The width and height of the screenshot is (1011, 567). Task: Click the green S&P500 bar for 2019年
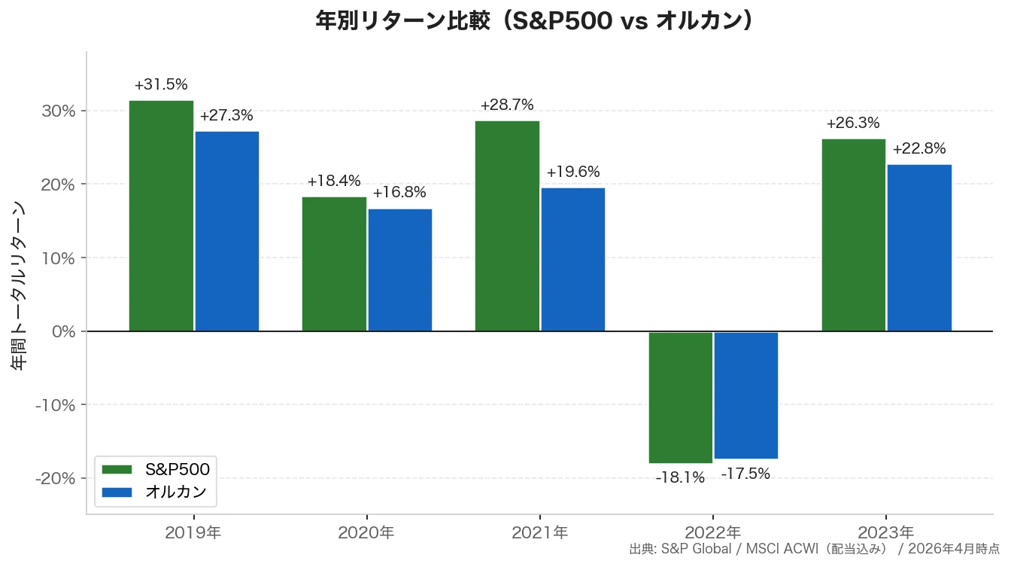[x=161, y=215]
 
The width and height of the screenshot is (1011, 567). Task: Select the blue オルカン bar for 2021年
[x=573, y=259]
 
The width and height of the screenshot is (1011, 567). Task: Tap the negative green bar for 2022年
[x=680, y=397]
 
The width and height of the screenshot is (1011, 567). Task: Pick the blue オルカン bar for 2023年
[x=919, y=247]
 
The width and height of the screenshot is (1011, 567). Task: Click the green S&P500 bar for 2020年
[x=334, y=264]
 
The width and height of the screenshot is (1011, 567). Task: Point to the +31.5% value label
[x=161, y=84]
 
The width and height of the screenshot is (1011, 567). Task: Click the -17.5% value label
[x=745, y=474]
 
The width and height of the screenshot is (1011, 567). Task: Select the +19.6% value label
[x=573, y=172]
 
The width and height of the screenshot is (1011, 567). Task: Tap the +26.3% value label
[x=853, y=123]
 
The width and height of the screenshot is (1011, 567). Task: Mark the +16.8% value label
[x=399, y=193]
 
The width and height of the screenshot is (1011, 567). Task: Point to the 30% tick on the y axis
[x=59, y=111]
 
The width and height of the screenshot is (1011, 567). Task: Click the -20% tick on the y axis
[x=55, y=478]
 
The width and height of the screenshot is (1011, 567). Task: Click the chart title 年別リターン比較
[x=533, y=21]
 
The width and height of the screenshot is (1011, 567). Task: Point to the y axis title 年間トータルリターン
[x=20, y=285]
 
